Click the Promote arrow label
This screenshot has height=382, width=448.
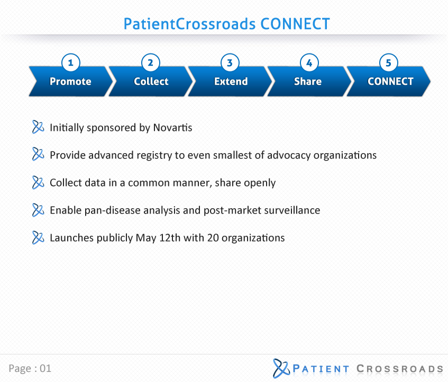point(70,82)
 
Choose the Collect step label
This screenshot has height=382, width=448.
point(151,82)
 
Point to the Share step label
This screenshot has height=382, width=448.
point(308,82)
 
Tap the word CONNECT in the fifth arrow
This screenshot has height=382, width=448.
point(390,82)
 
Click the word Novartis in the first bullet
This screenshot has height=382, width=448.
point(172,128)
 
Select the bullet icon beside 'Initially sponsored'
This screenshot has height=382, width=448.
point(38,127)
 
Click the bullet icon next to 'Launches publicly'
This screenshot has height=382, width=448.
point(38,237)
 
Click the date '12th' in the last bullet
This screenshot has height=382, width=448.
point(170,238)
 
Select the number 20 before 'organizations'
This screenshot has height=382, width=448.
point(213,238)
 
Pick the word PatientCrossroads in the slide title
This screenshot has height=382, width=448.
point(189,24)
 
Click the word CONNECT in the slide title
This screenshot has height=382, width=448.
point(295,24)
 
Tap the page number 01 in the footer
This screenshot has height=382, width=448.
point(45,369)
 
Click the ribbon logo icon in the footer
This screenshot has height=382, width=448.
point(281,368)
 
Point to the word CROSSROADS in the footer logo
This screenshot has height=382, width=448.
point(400,369)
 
